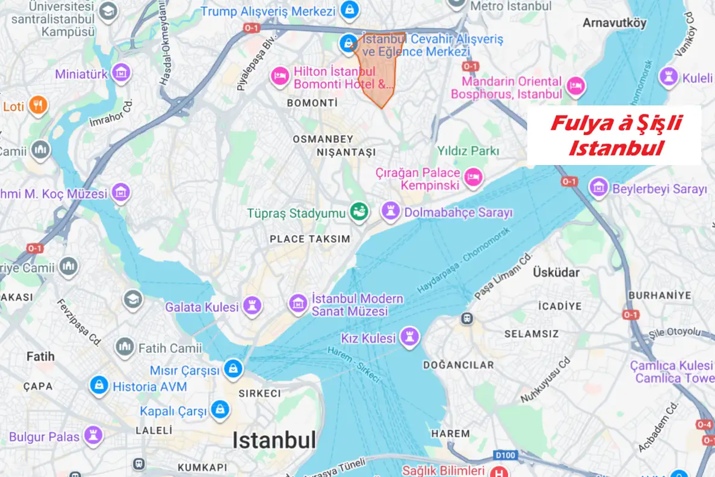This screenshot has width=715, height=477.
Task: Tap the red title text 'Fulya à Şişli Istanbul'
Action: tap(614, 136)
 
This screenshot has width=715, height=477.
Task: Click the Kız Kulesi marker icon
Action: tap(410, 338)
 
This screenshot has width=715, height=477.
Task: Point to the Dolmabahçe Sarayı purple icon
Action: tap(391, 212)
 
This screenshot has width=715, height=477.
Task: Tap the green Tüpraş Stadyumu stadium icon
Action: tap(359, 213)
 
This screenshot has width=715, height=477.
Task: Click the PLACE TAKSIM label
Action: tap(310, 239)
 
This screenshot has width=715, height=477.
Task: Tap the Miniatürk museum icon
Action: tap(122, 74)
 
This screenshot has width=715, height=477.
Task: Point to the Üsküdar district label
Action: tap(556, 273)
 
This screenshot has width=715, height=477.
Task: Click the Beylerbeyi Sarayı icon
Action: tap(599, 189)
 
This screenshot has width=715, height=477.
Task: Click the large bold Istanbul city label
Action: tap(274, 440)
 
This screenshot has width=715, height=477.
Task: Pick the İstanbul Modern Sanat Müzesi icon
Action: tap(297, 304)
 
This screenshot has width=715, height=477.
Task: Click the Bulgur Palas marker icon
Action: tap(93, 436)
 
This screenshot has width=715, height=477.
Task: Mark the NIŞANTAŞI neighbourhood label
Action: tap(346, 152)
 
